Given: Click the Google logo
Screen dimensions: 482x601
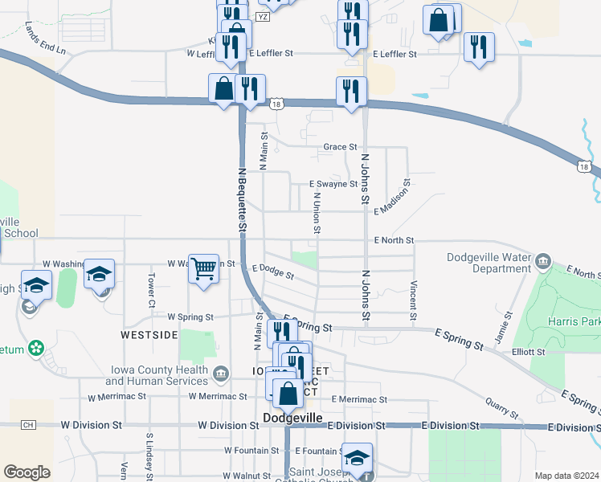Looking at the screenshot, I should tap(27, 472).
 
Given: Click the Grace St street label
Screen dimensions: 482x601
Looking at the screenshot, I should tap(340, 147).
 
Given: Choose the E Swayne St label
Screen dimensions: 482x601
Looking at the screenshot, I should tap(333, 184).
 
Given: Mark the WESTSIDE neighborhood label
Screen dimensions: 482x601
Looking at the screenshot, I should tap(149, 334).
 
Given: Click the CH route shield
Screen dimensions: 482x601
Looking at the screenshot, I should tap(29, 424).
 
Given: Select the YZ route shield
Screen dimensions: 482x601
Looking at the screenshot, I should tap(262, 16).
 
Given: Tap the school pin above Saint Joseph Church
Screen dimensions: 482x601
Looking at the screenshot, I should tap(358, 457).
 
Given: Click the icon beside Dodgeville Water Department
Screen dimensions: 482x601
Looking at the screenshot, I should tap(544, 261).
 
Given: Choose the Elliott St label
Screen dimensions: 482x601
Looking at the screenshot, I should tap(529, 352).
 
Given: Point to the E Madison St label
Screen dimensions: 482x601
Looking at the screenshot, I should tap(393, 198).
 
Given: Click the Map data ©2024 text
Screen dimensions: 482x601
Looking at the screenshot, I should tap(566, 476).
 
